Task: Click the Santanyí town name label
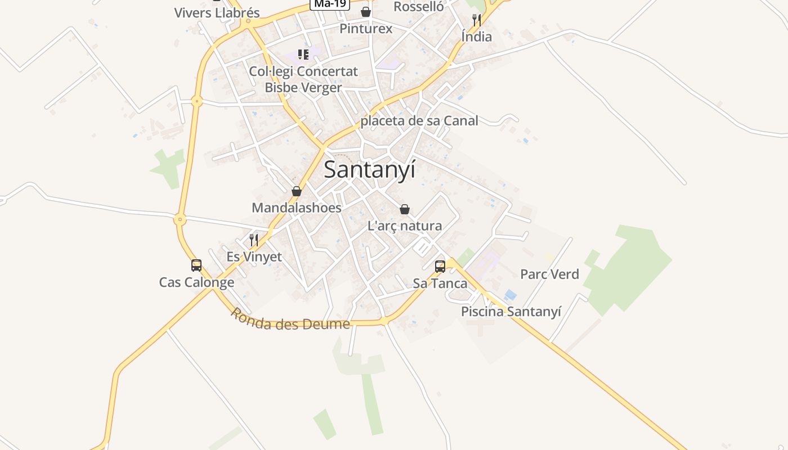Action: click(369, 169)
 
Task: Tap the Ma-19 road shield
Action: click(330, 4)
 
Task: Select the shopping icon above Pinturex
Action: click(366, 12)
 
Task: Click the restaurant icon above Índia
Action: click(477, 21)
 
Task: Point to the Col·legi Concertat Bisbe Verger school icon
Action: click(303, 55)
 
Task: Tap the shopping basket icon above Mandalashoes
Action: click(297, 191)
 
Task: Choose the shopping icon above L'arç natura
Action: click(404, 210)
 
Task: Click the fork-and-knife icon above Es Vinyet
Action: click(254, 240)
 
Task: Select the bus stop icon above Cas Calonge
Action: click(196, 265)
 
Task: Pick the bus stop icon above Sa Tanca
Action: click(440, 267)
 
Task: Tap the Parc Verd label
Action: click(549, 274)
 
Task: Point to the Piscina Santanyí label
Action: click(511, 312)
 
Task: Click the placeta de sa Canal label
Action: click(419, 121)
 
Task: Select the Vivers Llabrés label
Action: click(217, 13)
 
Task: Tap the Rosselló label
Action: click(419, 7)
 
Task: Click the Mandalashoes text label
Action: click(296, 208)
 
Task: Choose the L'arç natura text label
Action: click(405, 226)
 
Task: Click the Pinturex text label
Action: click(366, 28)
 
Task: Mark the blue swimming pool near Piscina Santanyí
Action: click(511, 295)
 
